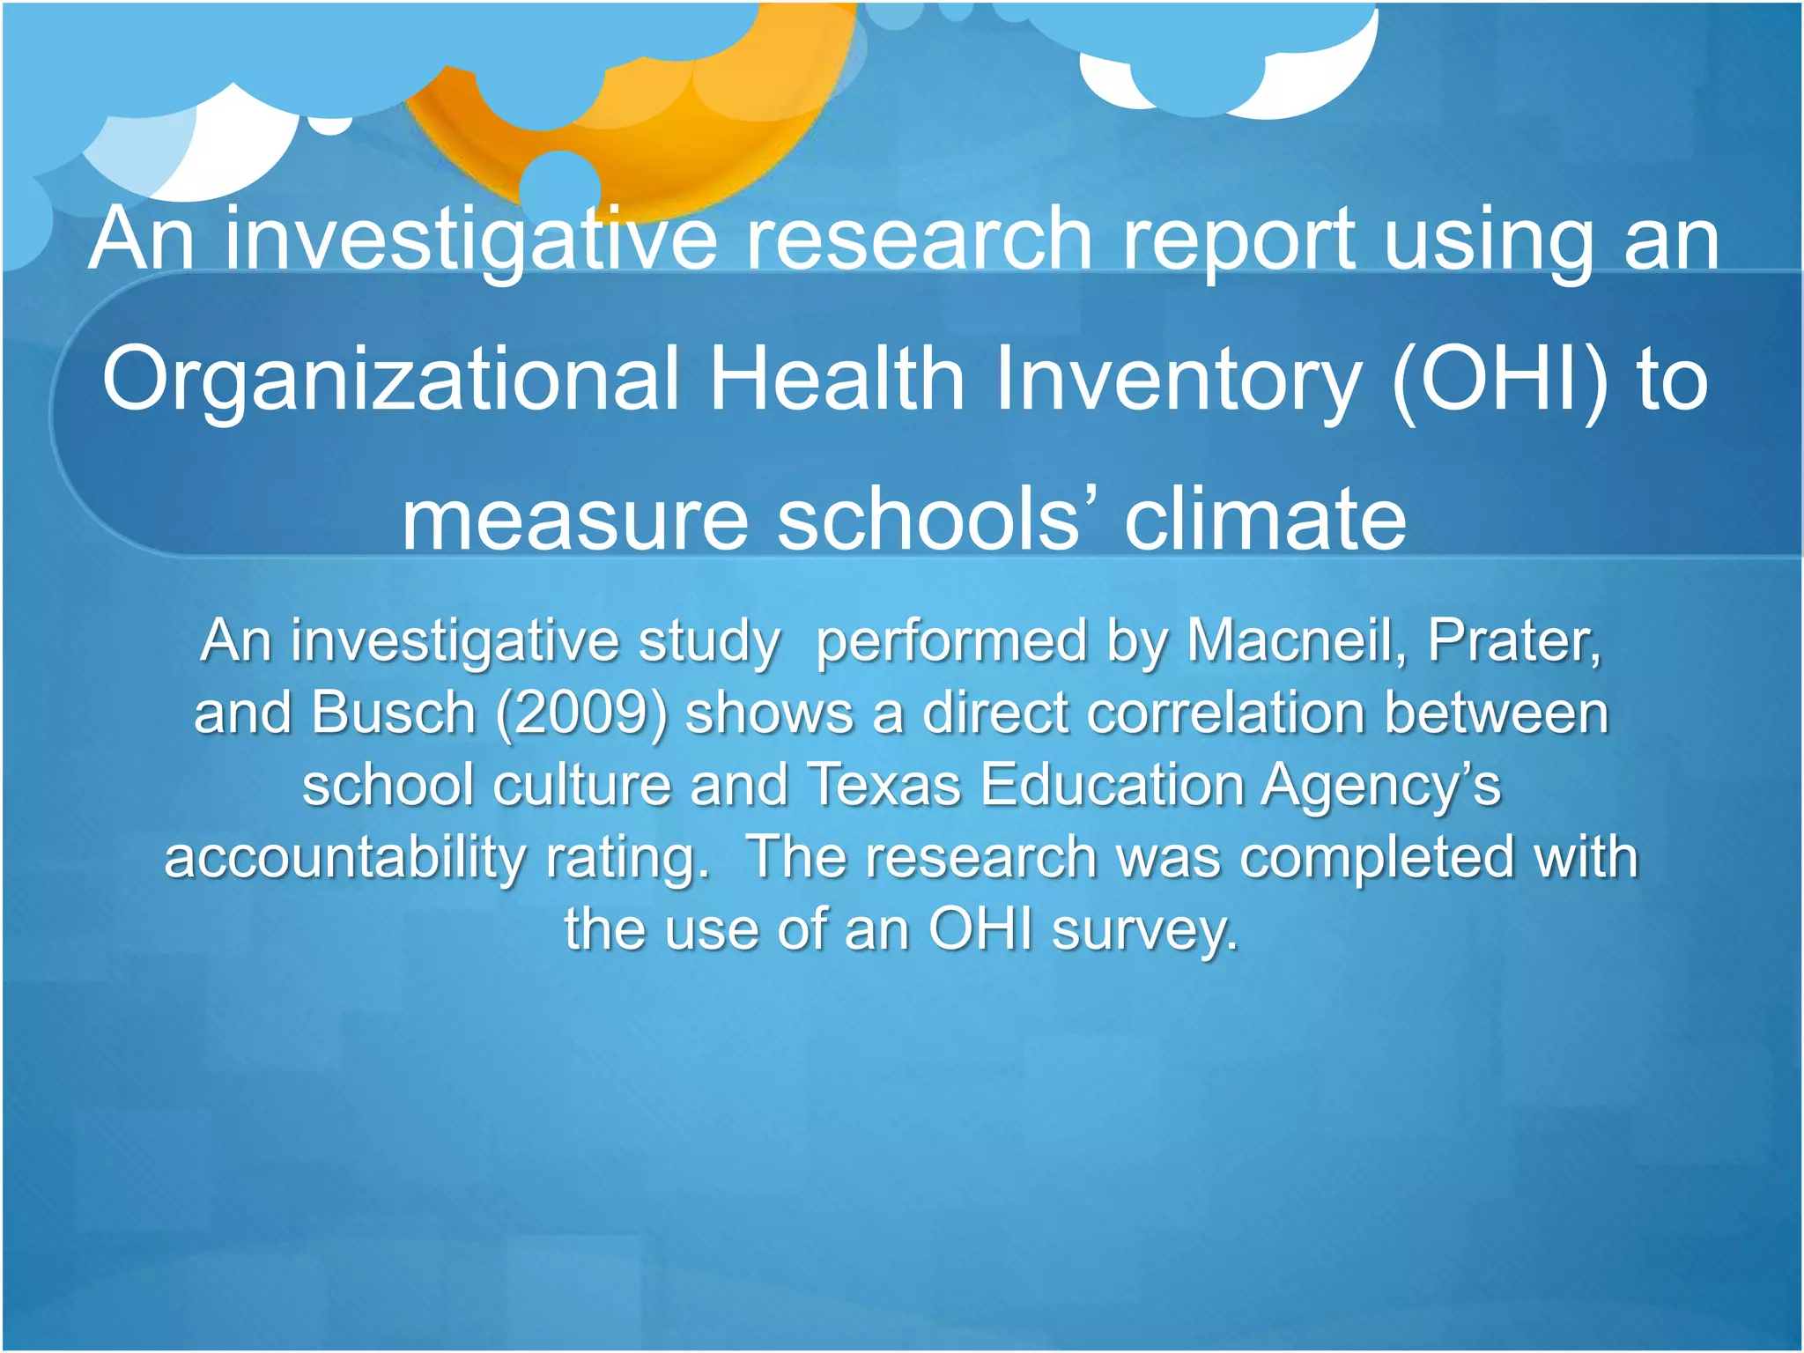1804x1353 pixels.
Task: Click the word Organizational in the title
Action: (x=391, y=380)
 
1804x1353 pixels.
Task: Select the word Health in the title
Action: (x=838, y=380)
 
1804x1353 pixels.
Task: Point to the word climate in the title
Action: (x=1265, y=520)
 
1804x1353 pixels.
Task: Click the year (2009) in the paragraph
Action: (x=581, y=713)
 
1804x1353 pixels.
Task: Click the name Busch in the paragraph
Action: (x=393, y=713)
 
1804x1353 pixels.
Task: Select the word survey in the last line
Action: (x=1145, y=930)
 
